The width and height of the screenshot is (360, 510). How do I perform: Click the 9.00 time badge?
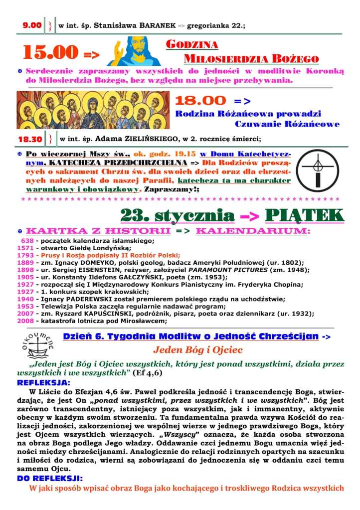(32, 24)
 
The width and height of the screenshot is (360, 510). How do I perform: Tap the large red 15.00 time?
(51, 51)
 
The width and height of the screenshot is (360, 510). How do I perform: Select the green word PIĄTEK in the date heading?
(305, 215)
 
